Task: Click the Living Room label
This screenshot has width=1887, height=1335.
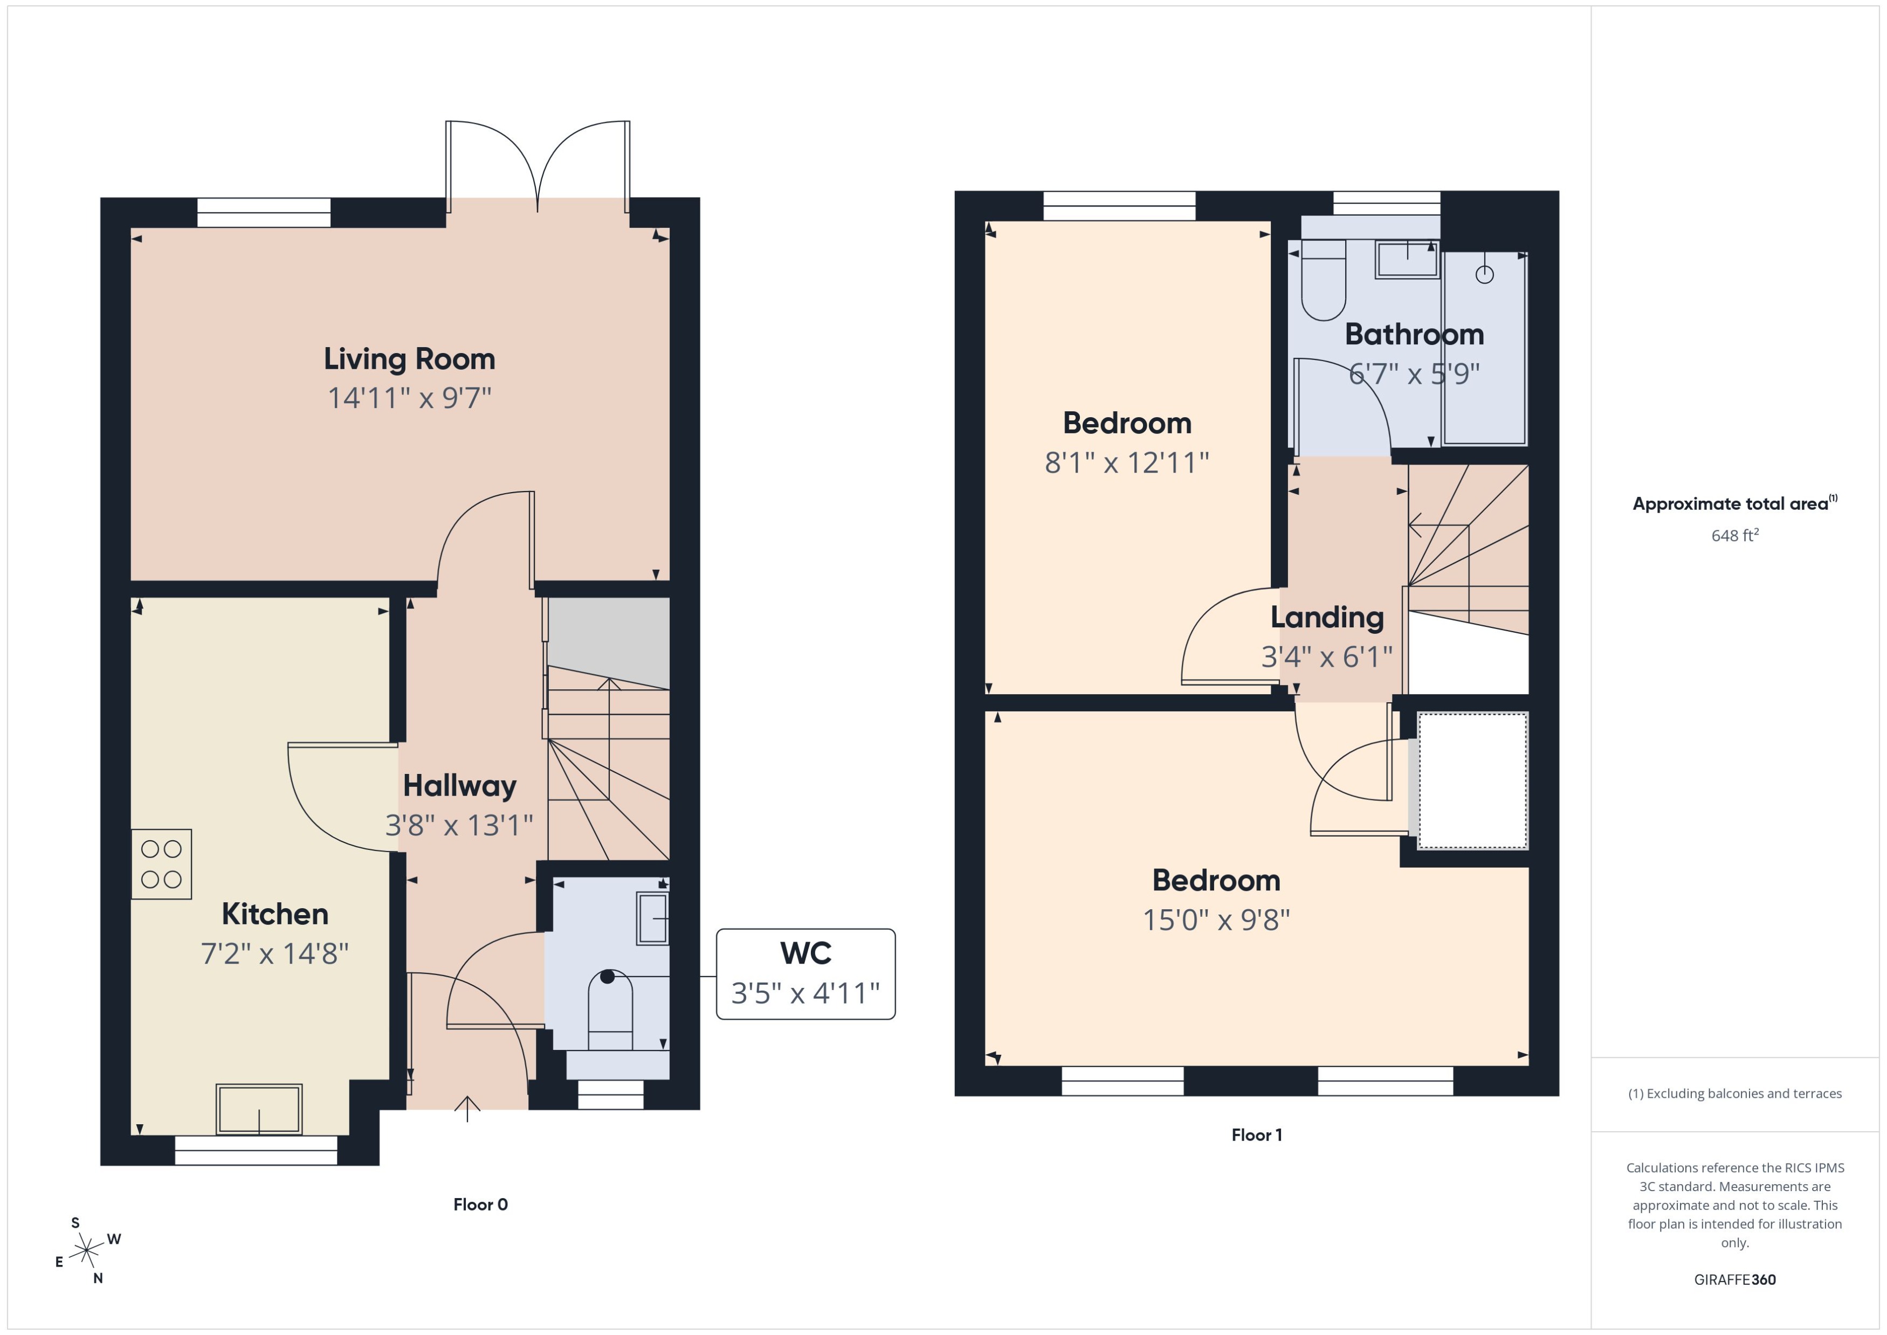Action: coord(409,359)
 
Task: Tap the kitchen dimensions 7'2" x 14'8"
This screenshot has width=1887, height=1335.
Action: coord(274,953)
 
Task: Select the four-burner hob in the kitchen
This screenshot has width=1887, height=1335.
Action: coord(161,864)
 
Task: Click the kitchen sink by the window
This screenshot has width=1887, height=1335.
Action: coord(259,1109)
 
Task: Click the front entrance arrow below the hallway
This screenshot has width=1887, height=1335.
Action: coord(467,1109)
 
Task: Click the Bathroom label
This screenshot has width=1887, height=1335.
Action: coord(1414,335)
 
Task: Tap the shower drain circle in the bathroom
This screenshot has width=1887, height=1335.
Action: coord(1484,274)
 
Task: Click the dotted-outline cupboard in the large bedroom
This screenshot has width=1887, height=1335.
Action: coord(1472,780)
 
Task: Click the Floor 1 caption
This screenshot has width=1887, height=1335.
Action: coord(1256,1135)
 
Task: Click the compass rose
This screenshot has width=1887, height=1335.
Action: coord(86,1251)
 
